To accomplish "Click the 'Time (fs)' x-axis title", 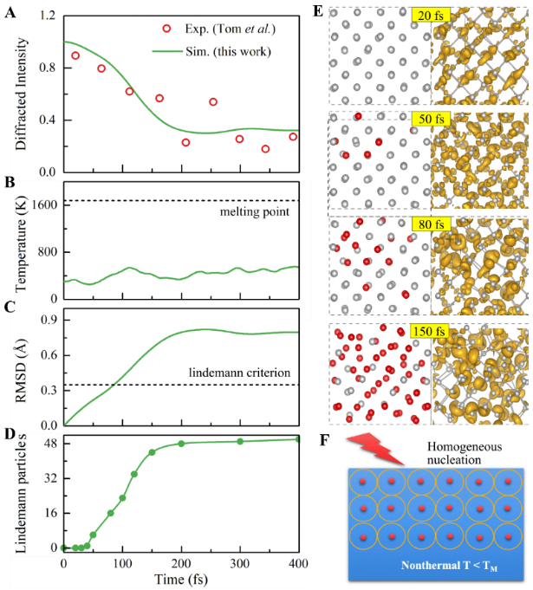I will point(181,576).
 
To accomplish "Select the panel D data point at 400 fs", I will point(298,439).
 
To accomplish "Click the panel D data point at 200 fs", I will point(181,444).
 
